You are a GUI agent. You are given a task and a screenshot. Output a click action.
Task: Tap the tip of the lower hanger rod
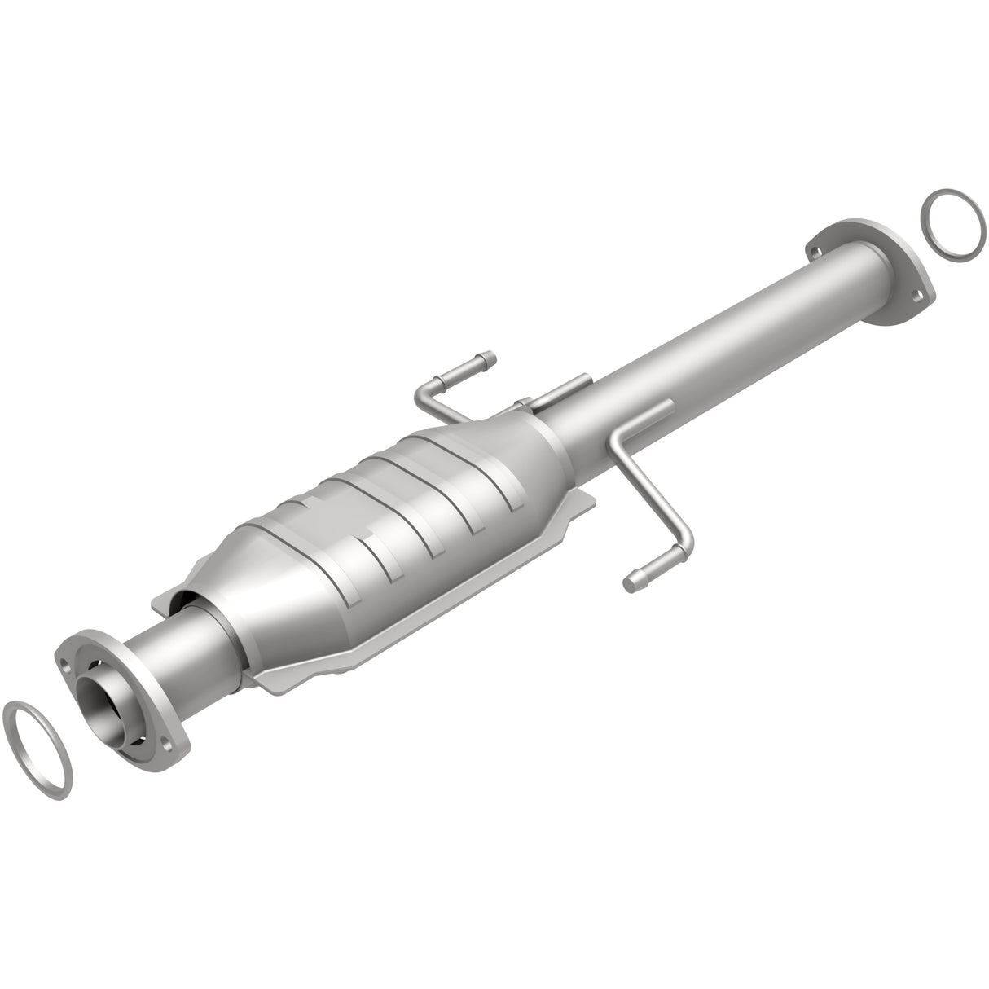631,581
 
